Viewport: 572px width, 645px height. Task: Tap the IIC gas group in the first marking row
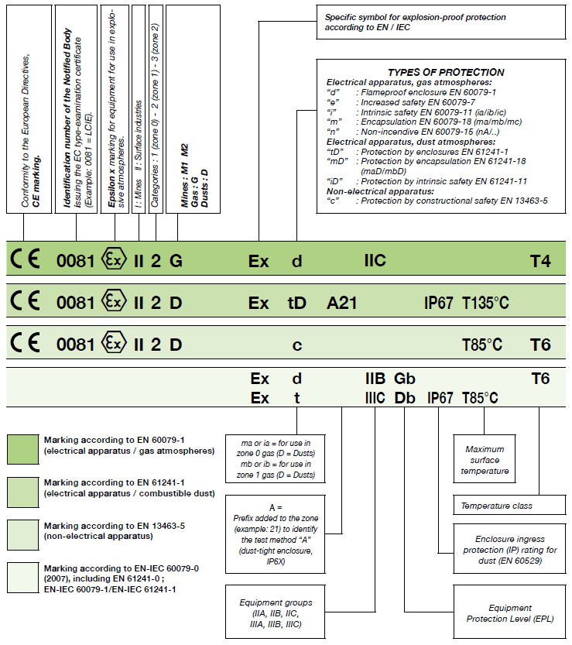(x=375, y=261)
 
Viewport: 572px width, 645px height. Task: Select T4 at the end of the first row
(x=539, y=261)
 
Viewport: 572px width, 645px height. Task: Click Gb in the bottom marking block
(x=405, y=379)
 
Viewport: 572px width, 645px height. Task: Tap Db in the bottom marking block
(x=405, y=398)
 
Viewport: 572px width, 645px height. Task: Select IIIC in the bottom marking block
(x=375, y=398)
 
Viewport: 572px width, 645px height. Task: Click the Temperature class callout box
(x=502, y=506)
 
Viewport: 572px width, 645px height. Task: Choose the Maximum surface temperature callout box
(x=485, y=460)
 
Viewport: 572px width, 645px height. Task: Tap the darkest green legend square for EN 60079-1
(x=24, y=449)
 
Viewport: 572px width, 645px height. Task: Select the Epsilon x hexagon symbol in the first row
(x=114, y=260)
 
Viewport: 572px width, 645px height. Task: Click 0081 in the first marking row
(x=75, y=261)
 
